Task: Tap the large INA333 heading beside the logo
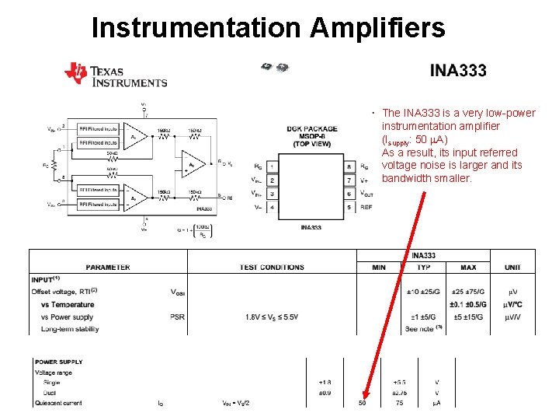pos(458,71)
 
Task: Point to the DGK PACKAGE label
pos(311,129)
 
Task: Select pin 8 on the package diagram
pos(349,166)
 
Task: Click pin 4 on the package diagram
pos(272,208)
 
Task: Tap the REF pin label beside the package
pos(367,208)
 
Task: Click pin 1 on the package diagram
pos(272,166)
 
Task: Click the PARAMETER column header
pos(108,268)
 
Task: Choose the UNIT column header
pos(512,268)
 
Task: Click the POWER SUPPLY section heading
pos(59,362)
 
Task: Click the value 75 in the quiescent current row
pos(399,403)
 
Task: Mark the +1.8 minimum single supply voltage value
pos(325,383)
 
